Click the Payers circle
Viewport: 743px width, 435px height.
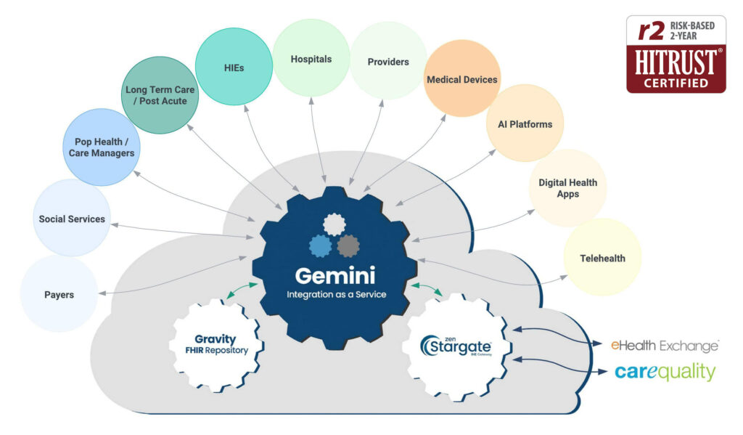pyautogui.click(x=59, y=294)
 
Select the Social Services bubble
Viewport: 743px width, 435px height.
pyautogui.click(x=72, y=219)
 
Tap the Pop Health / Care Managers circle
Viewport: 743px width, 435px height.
pyautogui.click(x=101, y=147)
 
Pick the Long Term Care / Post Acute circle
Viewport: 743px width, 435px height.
pyautogui.click(x=156, y=95)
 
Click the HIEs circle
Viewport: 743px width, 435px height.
pyautogui.click(x=234, y=67)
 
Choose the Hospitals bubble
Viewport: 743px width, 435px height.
pyautogui.click(x=311, y=58)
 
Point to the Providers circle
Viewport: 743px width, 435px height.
pyautogui.click(x=388, y=61)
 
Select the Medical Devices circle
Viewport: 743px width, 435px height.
pyautogui.click(x=462, y=79)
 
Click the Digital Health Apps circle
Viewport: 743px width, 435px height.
pyautogui.click(x=567, y=188)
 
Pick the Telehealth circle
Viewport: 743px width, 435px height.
pyautogui.click(x=602, y=258)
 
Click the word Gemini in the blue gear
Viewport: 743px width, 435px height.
pyautogui.click(x=334, y=277)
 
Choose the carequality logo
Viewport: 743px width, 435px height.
pyautogui.click(x=665, y=372)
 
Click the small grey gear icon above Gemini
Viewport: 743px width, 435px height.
pyautogui.click(x=348, y=245)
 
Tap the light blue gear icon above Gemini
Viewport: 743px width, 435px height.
pyautogui.click(x=320, y=246)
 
